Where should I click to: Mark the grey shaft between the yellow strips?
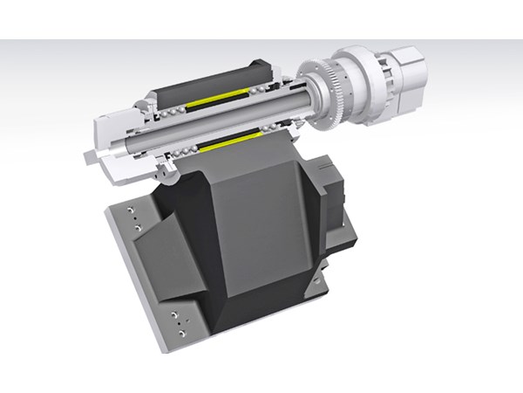coord(218,118)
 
